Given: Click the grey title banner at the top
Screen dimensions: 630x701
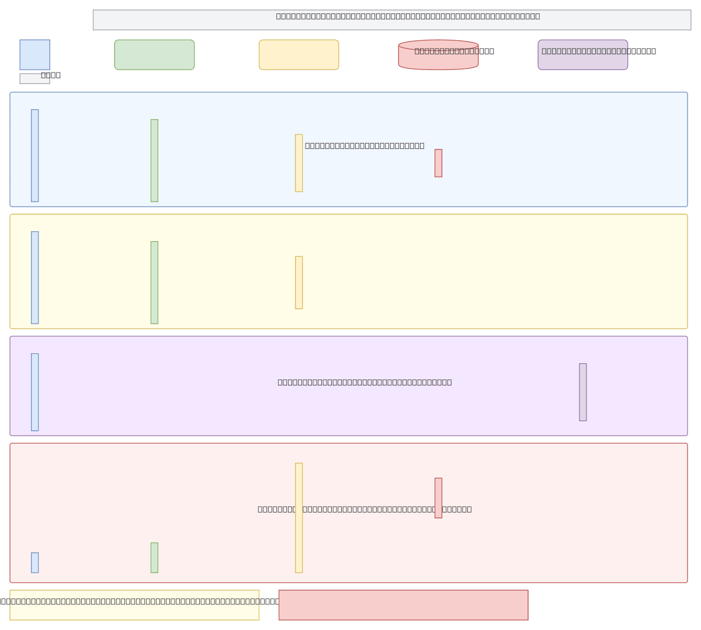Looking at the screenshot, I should point(391,20).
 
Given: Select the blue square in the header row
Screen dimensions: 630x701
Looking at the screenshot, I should point(35,55).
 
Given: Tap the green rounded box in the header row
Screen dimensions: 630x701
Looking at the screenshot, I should point(154,55).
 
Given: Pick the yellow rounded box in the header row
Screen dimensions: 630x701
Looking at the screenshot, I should point(299,55).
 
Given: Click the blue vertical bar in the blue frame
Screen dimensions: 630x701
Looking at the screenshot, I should point(35,155).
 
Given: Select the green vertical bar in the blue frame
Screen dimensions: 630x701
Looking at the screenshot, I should point(154,161).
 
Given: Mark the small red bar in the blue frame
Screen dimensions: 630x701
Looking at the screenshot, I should point(438,163).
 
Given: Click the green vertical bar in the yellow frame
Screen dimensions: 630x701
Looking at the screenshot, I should point(154,283).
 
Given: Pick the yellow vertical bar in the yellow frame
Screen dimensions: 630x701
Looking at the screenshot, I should point(299,283).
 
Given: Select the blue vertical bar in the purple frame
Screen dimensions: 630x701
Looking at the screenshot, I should point(35,392).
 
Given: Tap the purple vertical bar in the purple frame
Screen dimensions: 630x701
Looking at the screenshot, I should point(582,392).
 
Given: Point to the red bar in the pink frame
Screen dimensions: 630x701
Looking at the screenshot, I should point(438,497).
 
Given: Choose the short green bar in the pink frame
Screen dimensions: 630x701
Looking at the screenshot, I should point(154,558).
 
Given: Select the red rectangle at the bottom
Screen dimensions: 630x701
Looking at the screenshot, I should point(403,605).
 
